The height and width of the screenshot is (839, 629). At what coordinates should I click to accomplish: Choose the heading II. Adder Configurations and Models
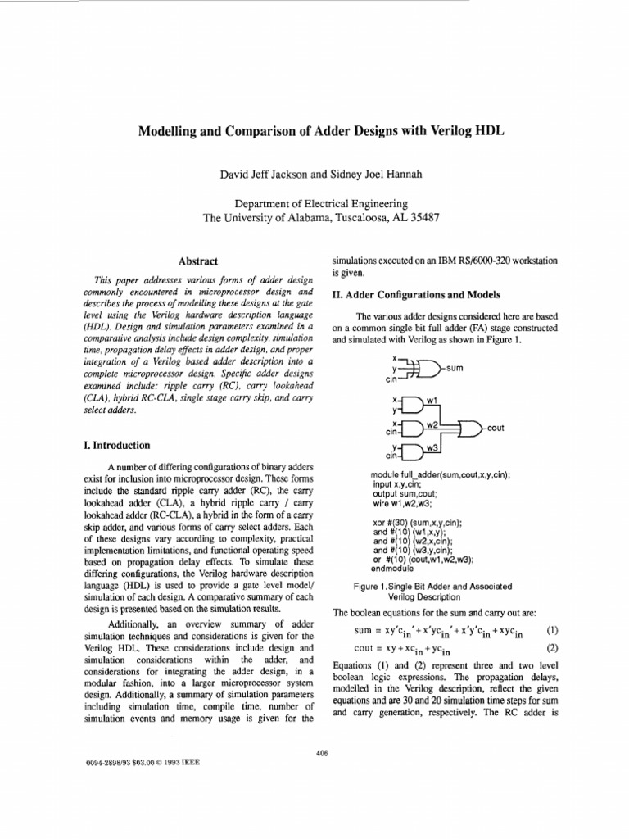pyautogui.click(x=415, y=295)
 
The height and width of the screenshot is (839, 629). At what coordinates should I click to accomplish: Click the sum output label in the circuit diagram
pyautogui.click(x=455, y=368)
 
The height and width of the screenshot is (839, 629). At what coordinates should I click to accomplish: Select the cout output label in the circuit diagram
pyautogui.click(x=496, y=427)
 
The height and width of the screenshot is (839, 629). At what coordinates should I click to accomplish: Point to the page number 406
pyautogui.click(x=322, y=753)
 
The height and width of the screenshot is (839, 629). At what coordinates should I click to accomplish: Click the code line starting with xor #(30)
pyautogui.click(x=417, y=522)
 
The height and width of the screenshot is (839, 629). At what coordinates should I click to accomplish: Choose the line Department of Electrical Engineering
pyautogui.click(x=321, y=203)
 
